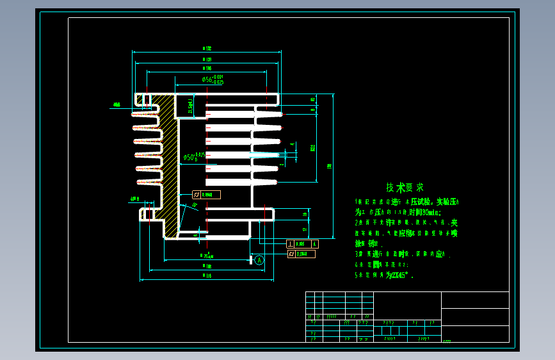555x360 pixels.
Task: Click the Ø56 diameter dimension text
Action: (x=212, y=79)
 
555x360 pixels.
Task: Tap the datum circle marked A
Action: (x=259, y=260)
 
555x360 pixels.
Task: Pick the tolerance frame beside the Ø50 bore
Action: (x=206, y=195)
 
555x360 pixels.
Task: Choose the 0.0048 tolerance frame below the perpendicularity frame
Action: (x=302, y=254)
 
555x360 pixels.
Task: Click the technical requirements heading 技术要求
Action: (x=405, y=188)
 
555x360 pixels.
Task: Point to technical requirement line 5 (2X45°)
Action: (x=385, y=275)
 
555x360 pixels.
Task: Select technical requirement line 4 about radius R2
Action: (x=382, y=264)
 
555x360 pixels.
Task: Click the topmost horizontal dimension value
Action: (x=206, y=48)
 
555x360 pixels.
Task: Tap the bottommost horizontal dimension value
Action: (x=206, y=275)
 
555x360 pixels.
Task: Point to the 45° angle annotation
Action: (x=194, y=205)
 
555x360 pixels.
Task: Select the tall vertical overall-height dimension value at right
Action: (x=329, y=166)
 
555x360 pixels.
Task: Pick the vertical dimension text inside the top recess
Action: (x=190, y=106)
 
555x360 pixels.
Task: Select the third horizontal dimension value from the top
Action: (x=206, y=68)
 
